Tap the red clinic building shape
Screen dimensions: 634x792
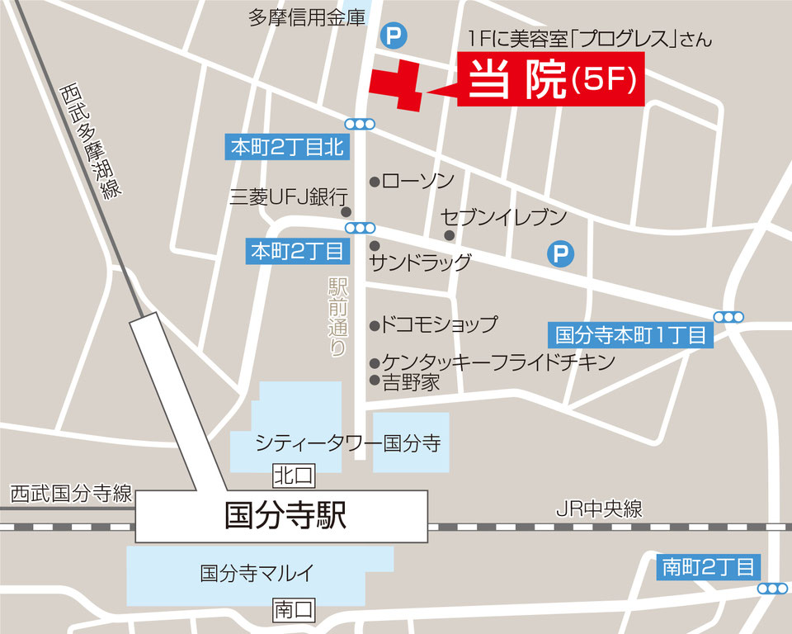(x=398, y=84)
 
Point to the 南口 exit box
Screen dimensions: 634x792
(x=295, y=611)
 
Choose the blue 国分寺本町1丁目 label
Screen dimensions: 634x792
(x=631, y=335)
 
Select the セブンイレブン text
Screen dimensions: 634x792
(x=503, y=218)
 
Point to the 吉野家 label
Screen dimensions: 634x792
(x=410, y=382)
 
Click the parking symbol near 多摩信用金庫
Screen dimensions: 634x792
(x=394, y=35)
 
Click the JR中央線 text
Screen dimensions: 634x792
(x=598, y=509)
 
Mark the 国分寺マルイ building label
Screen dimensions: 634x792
(x=259, y=572)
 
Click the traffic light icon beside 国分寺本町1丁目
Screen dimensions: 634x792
(x=729, y=316)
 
